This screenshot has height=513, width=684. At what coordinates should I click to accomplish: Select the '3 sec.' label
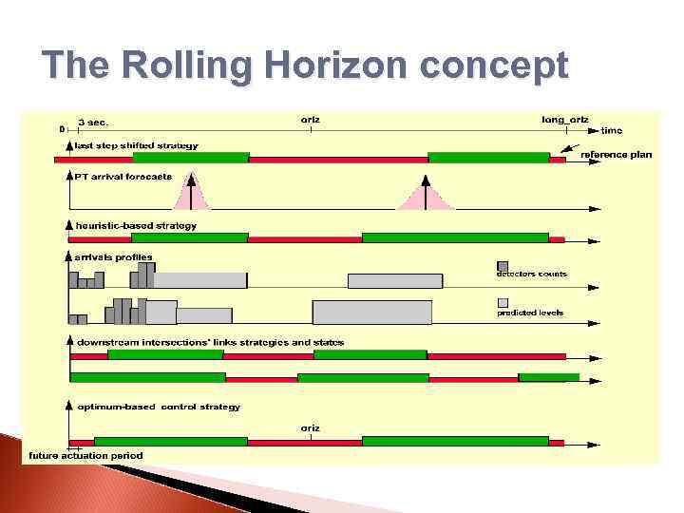coord(93,122)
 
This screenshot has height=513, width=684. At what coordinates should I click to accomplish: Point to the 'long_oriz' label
coord(565,121)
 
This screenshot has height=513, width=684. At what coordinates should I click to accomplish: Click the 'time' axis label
coord(613,130)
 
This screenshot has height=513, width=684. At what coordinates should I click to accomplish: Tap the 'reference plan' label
coord(617,155)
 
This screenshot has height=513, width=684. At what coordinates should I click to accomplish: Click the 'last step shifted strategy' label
coord(138,145)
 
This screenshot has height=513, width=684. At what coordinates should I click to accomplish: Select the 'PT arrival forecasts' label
coord(123,176)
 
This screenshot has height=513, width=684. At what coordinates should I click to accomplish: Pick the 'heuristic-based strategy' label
coord(136,225)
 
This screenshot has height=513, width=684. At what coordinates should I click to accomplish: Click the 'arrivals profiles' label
coord(114,256)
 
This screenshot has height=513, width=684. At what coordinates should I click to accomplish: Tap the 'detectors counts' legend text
coord(531,274)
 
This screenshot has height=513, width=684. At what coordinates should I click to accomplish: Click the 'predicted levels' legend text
coord(530,313)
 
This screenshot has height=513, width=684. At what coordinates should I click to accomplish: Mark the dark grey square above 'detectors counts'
coord(503,265)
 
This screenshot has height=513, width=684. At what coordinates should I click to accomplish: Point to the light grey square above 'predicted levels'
coord(503,303)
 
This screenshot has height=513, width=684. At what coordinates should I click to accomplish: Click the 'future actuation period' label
coord(85,455)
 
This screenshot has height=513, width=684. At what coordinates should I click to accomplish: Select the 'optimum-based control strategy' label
coord(158,407)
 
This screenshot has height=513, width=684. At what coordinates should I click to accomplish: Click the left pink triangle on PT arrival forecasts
coord(192,194)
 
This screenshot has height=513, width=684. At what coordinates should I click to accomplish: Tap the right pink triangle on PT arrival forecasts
coord(426,196)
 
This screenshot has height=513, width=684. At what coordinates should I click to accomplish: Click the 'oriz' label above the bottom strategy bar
coord(310,428)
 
